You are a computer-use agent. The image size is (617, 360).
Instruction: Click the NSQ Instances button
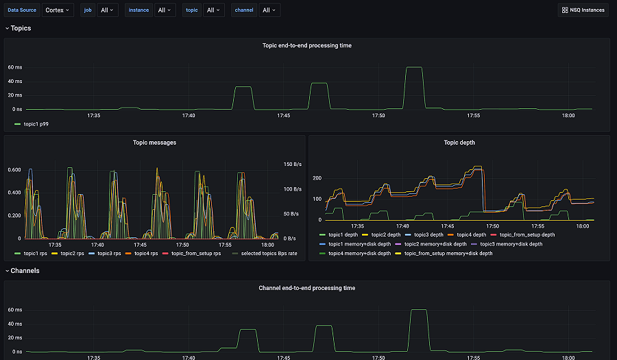coord(583,10)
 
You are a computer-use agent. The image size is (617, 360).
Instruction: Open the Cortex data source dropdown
coord(58,10)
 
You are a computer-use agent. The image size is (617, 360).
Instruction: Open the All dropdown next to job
coord(108,10)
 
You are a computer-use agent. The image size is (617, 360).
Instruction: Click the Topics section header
coord(21,28)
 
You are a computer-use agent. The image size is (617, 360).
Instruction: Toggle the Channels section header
coord(25,271)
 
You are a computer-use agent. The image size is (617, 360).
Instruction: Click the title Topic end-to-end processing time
coord(307,46)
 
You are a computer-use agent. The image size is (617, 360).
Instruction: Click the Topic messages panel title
coord(154,143)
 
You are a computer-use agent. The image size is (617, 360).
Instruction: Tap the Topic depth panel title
coord(459,143)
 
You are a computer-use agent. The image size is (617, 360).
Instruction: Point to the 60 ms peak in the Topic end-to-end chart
coord(413,68)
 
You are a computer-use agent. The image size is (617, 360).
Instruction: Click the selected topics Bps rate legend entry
coord(269,254)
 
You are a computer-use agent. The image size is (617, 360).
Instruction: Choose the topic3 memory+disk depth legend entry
coord(511,243)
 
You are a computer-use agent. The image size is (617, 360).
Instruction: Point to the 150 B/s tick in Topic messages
coord(292,164)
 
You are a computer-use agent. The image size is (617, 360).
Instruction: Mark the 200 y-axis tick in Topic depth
coord(317,178)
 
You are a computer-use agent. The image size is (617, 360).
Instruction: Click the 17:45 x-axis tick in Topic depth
coord(447,226)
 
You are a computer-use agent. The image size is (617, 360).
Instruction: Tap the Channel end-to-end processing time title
coord(307,288)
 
